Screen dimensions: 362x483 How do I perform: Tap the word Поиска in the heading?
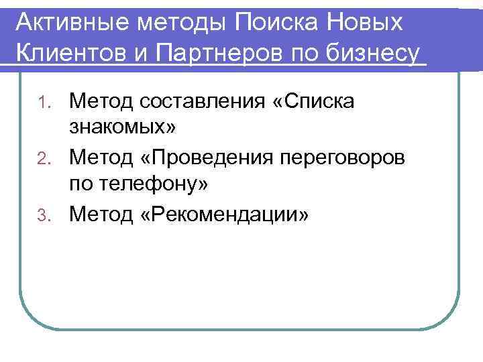click(x=281, y=23)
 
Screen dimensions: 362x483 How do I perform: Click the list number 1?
click(x=44, y=103)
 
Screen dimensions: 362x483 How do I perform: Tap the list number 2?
click(x=44, y=158)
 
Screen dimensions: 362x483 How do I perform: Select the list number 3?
click(x=44, y=215)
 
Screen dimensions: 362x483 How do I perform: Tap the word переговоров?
click(x=353, y=158)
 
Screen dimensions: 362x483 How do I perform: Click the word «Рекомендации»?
click(x=223, y=215)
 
